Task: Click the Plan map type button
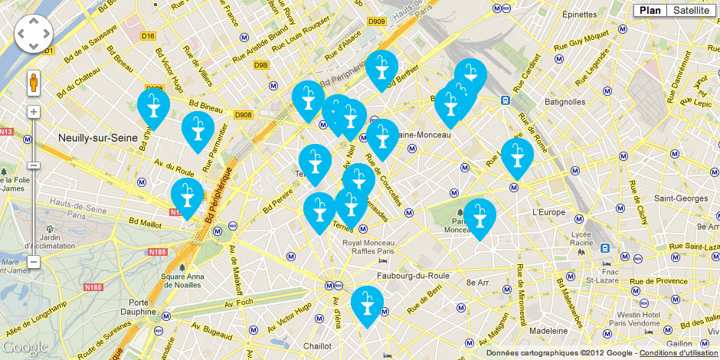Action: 650,10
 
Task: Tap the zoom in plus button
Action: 33,112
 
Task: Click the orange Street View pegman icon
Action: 33,82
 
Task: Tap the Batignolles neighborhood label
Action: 564,101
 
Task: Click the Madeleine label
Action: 549,330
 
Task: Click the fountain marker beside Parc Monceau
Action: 479,216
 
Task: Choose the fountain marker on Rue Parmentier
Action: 198,129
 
